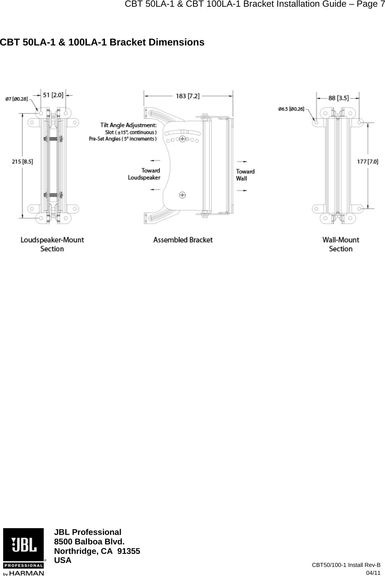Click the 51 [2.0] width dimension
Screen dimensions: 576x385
pos(52,95)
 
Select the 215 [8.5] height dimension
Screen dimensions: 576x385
pos(23,161)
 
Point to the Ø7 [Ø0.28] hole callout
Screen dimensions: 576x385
pos(17,99)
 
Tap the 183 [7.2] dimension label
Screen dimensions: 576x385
pos(188,96)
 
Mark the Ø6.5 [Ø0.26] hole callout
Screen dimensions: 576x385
pos(291,109)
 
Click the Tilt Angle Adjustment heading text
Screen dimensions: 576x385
pos(128,125)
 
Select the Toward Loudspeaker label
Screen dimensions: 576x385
pos(144,174)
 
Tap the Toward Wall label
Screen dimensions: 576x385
pos(245,175)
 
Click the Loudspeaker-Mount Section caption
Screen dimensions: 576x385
pos(52,244)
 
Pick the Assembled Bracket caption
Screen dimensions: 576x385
pos(183,240)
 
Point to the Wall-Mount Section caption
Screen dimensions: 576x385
pos(341,244)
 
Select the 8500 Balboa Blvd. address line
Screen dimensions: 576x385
pos(89,542)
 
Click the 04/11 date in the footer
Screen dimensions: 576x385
pos(373,572)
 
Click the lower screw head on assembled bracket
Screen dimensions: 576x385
pos(182,195)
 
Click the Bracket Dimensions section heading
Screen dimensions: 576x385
pos(102,42)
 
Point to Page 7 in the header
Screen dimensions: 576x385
pos(369,4)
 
